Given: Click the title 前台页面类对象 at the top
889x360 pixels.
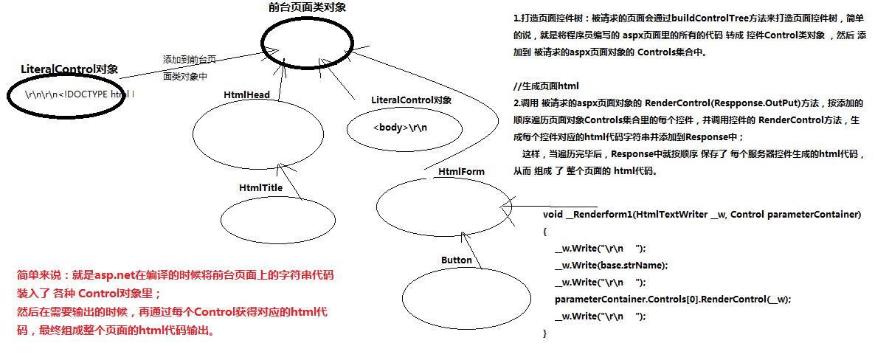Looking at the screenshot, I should point(308,7).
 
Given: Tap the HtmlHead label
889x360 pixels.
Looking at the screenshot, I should point(246,95).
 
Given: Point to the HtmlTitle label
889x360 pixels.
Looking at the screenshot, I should point(260,188).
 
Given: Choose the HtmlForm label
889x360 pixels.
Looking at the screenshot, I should point(461,172).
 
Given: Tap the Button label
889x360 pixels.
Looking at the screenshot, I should point(456,260).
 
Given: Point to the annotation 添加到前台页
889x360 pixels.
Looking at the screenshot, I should point(190,60).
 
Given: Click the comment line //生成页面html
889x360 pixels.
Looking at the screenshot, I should point(546,86).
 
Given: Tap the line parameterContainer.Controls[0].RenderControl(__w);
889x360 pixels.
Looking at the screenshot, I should point(672,299).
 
